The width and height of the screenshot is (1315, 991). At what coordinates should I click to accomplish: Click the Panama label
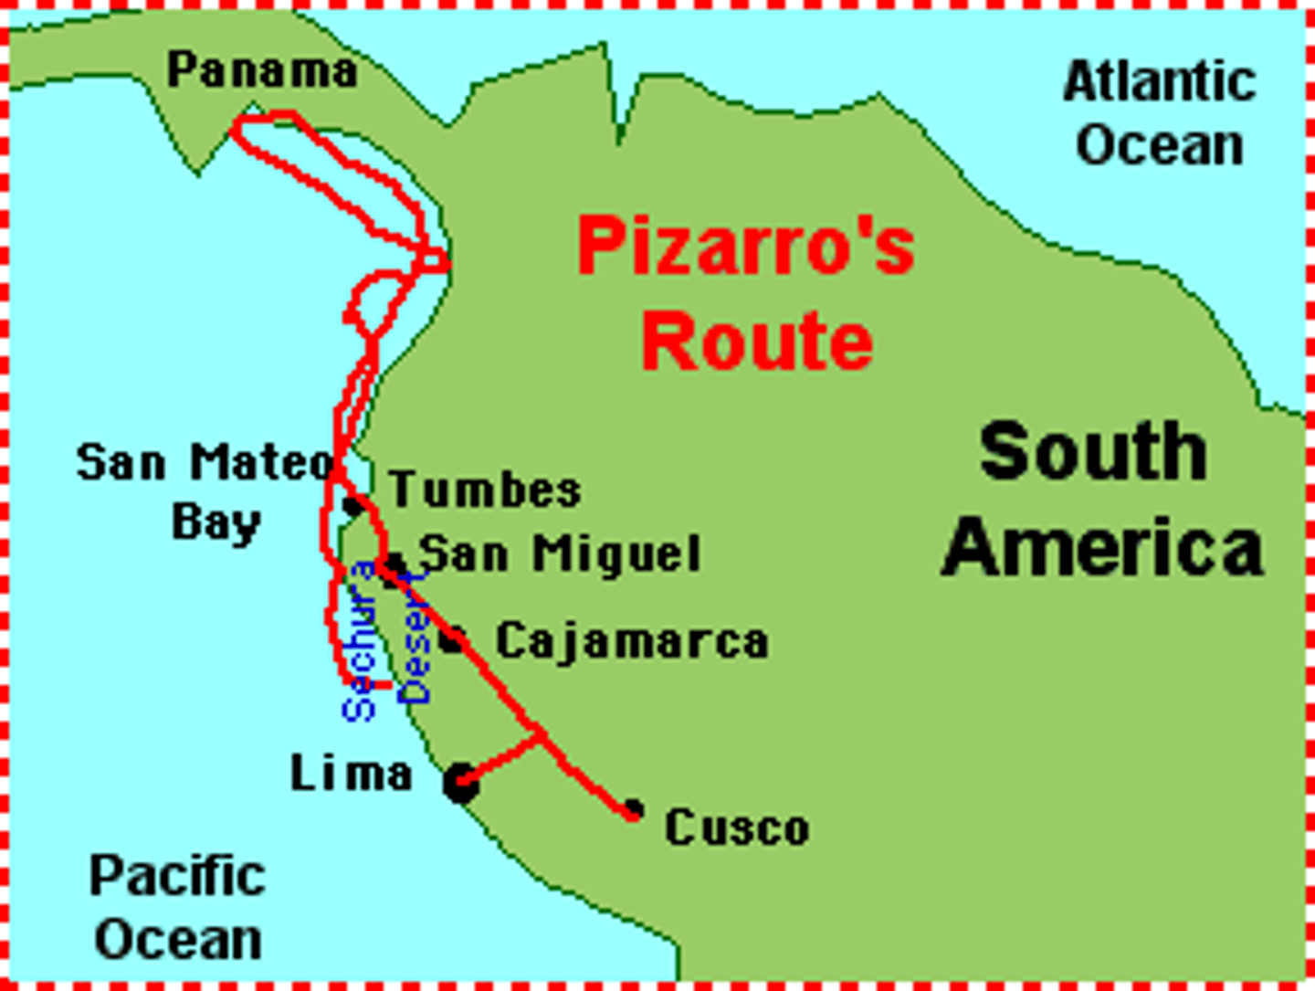pyautogui.click(x=262, y=70)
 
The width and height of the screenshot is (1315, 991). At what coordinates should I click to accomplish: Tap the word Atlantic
pyautogui.click(x=1159, y=81)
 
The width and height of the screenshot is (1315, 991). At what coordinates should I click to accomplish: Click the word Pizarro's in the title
pyautogui.click(x=745, y=246)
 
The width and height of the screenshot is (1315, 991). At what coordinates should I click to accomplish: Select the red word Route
pyautogui.click(x=757, y=341)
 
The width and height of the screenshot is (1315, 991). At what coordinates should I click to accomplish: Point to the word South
pyautogui.click(x=1093, y=451)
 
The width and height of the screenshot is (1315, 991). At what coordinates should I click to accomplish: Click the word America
pyautogui.click(x=1102, y=547)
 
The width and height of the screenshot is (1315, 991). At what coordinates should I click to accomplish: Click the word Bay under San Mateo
pyautogui.click(x=216, y=522)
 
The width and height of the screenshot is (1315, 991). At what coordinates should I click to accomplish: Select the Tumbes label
pyautogui.click(x=485, y=490)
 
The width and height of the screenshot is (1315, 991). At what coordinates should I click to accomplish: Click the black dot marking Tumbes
pyautogui.click(x=353, y=505)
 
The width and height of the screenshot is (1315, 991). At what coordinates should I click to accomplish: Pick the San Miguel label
pyautogui.click(x=559, y=553)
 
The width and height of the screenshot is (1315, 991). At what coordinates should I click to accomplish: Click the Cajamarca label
pyautogui.click(x=632, y=641)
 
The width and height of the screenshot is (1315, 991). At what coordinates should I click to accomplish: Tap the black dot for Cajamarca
pyautogui.click(x=452, y=639)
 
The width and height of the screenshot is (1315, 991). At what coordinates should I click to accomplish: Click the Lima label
pyautogui.click(x=352, y=775)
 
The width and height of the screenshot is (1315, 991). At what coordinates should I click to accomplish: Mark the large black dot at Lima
pyautogui.click(x=460, y=783)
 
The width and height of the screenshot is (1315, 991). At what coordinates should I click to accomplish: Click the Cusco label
pyautogui.click(x=737, y=828)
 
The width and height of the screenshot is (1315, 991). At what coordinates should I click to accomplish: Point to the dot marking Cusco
pyautogui.click(x=633, y=808)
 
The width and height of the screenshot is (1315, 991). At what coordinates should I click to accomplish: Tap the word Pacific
pyautogui.click(x=177, y=876)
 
